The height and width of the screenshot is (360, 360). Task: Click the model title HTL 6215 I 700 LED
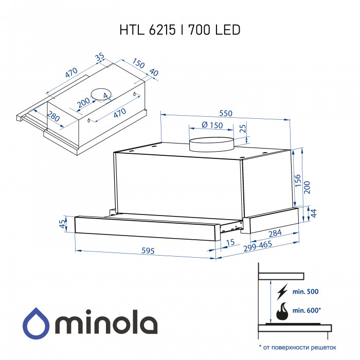point(180,30)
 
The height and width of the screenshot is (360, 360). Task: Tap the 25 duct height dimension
point(242,128)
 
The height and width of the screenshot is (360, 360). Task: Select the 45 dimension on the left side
point(63,224)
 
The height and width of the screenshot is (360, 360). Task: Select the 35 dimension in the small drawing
point(100,57)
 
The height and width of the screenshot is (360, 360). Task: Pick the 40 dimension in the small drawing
point(153,73)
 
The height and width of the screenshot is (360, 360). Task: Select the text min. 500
point(305,292)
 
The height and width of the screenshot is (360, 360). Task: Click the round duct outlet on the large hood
point(211,145)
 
